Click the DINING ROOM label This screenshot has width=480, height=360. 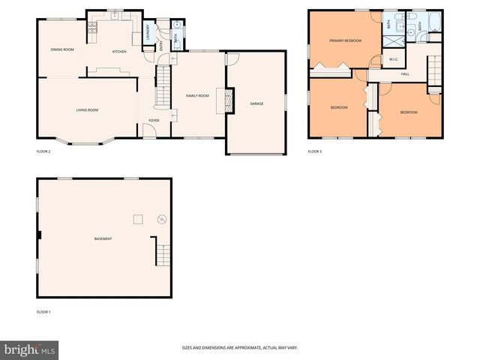coord(62,49)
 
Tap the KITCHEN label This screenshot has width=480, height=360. coord(119,52)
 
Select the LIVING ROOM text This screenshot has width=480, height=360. coord(87,110)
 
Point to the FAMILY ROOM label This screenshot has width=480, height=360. coord(197,96)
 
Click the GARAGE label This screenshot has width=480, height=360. coord(256,103)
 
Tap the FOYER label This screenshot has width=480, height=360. coord(154,120)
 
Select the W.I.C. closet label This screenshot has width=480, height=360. coord(393,59)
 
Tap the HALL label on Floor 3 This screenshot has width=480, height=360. coord(405,73)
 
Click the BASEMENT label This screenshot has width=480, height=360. coord(103,239)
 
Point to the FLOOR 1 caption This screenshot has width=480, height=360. coord(43,311)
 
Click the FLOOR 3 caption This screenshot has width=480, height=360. coord(314,151)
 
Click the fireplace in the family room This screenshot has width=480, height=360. coord(222,100)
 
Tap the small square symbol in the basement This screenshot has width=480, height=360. coord(137,218)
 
